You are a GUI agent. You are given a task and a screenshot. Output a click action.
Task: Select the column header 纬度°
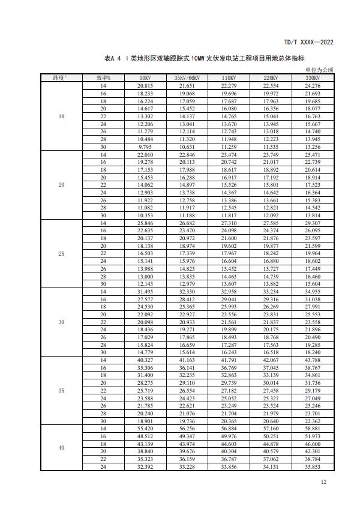click(x=61, y=77)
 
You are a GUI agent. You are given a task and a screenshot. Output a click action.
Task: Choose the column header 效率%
click(x=103, y=77)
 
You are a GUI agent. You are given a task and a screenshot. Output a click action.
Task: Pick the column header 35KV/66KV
click(x=187, y=77)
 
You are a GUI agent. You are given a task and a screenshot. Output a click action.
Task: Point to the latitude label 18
click(x=61, y=116)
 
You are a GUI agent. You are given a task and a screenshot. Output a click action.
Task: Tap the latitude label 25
click(x=61, y=254)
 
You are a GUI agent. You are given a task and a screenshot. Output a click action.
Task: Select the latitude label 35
click(x=61, y=391)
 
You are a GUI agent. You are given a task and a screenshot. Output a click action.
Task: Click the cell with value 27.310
click(x=228, y=223)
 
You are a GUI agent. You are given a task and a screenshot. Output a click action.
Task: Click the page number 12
click(x=323, y=482)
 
